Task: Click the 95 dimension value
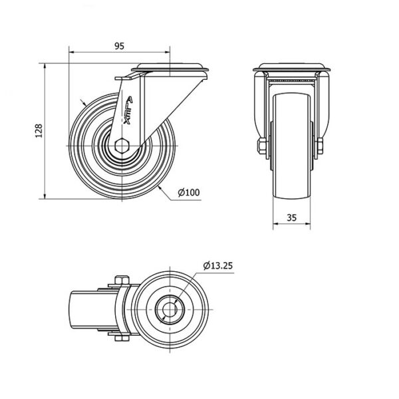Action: (x=119, y=46)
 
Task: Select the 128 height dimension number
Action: (x=39, y=131)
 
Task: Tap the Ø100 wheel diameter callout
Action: (x=189, y=192)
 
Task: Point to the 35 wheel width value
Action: (x=292, y=217)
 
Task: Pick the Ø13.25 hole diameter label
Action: (x=218, y=265)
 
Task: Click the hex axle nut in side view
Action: (x=122, y=146)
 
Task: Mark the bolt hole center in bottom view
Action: (x=170, y=309)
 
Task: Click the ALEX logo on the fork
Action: (x=128, y=110)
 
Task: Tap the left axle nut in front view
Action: (x=262, y=146)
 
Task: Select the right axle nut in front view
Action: (x=320, y=146)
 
